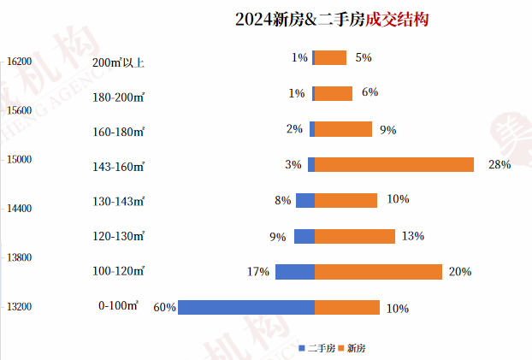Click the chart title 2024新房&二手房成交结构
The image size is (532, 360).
click(332, 20)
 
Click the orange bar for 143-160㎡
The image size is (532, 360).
click(394, 164)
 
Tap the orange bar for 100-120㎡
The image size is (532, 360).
click(378, 272)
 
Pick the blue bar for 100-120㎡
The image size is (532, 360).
click(294, 272)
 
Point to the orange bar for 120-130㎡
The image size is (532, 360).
click(354, 236)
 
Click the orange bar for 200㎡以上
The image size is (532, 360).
click(330, 57)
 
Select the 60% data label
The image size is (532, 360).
click(164, 308)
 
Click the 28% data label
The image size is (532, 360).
click(499, 164)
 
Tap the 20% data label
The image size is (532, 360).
click(460, 272)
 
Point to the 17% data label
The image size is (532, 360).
click(258, 272)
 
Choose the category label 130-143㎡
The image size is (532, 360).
click(118, 201)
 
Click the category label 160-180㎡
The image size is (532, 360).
click(118, 131)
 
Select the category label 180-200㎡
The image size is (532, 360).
click(118, 97)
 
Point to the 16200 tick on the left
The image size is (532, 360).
click(18, 61)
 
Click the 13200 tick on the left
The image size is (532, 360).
click(18, 305)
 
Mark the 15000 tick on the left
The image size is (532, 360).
click(18, 159)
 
